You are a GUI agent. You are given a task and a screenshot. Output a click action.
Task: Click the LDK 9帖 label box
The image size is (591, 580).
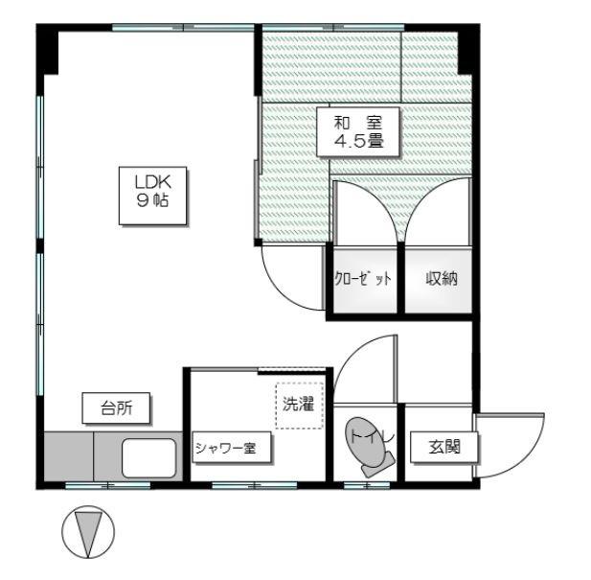(152, 196)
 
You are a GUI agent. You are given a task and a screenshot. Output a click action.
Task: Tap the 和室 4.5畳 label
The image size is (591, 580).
(357, 131)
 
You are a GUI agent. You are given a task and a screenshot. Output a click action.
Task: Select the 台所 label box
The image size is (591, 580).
(116, 408)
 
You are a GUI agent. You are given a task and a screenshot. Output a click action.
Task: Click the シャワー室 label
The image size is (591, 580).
(232, 448)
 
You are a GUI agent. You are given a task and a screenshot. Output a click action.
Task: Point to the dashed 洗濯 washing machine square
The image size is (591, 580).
(299, 406)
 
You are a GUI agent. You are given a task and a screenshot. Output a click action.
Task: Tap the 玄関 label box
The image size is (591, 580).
(444, 448)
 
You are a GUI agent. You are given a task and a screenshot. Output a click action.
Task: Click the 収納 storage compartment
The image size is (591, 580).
(439, 280)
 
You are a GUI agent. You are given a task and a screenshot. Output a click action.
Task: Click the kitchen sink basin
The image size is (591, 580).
(149, 458)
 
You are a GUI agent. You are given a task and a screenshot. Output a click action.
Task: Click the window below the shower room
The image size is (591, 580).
(254, 486)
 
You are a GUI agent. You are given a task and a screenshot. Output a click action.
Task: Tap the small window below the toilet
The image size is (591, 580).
(366, 486)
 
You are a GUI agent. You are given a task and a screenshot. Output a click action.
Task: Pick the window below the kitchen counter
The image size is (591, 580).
(108, 486)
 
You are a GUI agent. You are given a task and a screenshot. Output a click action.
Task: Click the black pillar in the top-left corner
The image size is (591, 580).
(47, 49)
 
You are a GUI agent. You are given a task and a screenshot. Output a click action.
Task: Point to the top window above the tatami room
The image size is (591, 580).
(333, 28)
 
